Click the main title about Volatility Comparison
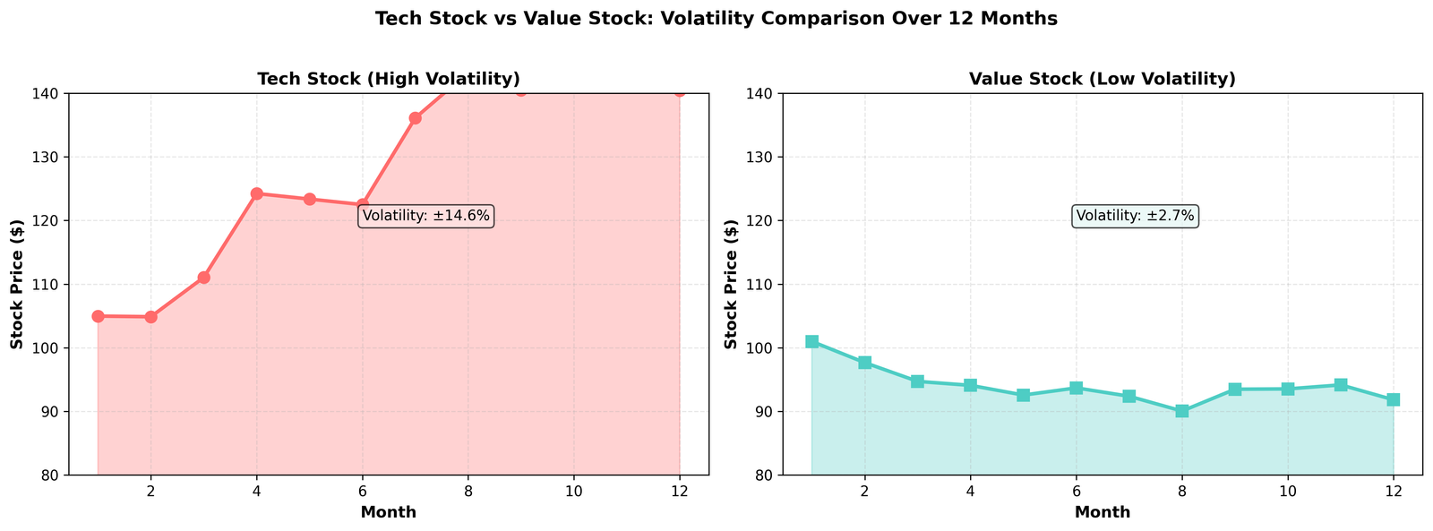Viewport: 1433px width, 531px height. click(x=716, y=19)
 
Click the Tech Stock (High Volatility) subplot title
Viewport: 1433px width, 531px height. click(x=388, y=79)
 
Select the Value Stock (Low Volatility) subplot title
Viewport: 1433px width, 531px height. click(x=1102, y=79)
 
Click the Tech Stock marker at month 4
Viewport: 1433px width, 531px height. click(x=257, y=193)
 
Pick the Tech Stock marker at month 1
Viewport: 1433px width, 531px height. click(x=99, y=316)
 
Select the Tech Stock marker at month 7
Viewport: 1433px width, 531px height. click(x=416, y=118)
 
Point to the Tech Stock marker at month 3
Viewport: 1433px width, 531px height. click(x=204, y=278)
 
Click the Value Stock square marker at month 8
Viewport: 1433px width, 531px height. click(x=1182, y=411)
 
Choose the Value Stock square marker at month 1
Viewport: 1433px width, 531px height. click(x=811, y=341)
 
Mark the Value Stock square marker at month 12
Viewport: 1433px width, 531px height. click(x=1394, y=399)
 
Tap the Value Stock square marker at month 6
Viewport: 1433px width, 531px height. click(x=1077, y=388)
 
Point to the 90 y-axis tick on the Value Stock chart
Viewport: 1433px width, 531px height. click(x=763, y=412)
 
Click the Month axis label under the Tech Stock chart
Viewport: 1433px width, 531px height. click(x=388, y=512)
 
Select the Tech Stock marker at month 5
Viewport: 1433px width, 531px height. click(x=310, y=199)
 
